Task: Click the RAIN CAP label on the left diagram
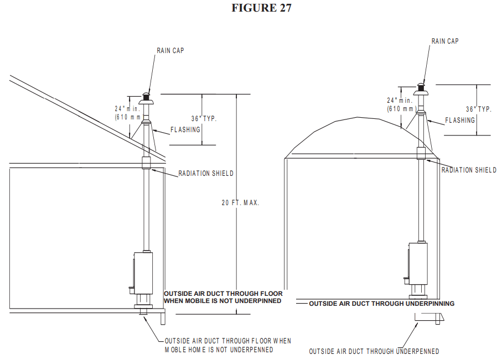170,50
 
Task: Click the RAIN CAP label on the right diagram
445,41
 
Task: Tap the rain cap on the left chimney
147,97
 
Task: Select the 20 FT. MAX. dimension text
240,203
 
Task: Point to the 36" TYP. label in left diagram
204,119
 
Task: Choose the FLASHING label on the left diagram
185,131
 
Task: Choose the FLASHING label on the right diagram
460,120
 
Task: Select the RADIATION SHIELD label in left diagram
206,174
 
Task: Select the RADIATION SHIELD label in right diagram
469,170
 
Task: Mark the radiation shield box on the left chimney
147,163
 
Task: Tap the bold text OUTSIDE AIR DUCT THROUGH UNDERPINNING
381,304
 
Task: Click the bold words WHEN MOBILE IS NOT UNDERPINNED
222,301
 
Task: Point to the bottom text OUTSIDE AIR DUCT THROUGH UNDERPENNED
374,351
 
